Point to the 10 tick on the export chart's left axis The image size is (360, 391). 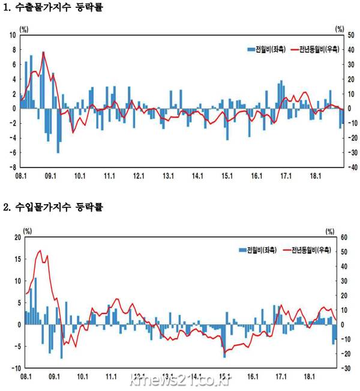13,35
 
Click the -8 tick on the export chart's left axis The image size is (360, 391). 13,167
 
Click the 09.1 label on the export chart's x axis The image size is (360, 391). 50,176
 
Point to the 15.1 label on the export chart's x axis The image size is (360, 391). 227,176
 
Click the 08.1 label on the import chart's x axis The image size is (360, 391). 26,377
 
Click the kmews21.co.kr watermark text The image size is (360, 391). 179,380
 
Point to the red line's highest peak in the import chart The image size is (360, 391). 40,250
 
